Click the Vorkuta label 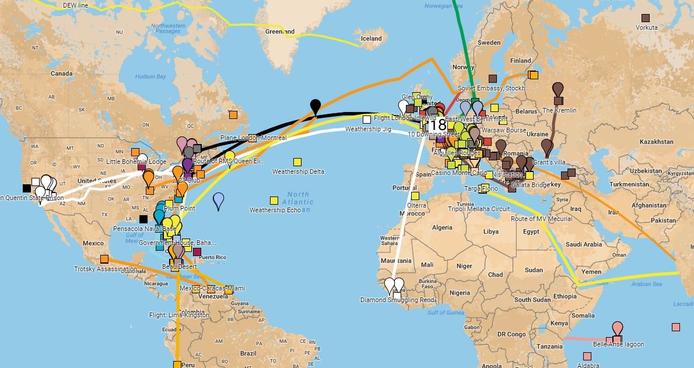tap(646, 27)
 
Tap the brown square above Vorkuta tap(646, 18)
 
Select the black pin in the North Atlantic tap(316, 106)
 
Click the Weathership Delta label tap(298, 172)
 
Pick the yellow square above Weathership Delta tap(298, 162)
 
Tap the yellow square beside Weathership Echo tap(274, 200)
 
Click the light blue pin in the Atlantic tap(219, 200)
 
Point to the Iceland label tap(371, 38)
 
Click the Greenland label tap(280, 32)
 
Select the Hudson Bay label tap(150, 76)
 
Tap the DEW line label tap(75, 5)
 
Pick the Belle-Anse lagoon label tap(618, 345)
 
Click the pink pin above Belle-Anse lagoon tap(617, 328)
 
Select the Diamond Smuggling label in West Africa tap(398, 300)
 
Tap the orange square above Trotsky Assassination tap(104, 259)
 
